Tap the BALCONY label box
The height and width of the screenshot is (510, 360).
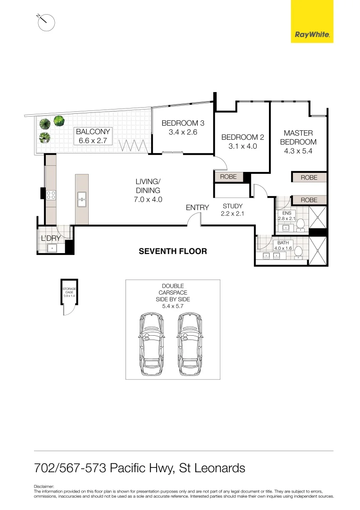point(93,136)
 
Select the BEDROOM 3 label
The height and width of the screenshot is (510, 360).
point(183,127)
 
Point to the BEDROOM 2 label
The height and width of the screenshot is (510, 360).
point(243,142)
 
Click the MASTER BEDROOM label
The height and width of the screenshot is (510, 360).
point(298,142)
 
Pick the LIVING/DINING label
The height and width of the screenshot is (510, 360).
point(149,190)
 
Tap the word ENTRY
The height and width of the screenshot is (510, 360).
point(197,208)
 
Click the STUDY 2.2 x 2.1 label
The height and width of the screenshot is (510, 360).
point(232,210)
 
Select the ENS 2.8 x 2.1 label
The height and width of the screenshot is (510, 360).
point(287,216)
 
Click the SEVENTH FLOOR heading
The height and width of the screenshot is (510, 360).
point(173,251)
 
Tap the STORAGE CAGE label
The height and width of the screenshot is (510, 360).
point(69,291)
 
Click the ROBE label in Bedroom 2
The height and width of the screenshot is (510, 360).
point(228,177)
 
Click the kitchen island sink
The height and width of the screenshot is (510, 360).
point(82,198)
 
